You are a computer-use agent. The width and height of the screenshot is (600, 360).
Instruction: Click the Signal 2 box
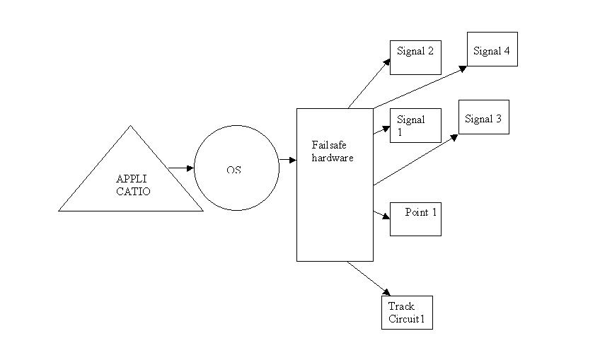(x=415, y=57)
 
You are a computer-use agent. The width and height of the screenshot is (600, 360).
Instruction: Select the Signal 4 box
(x=492, y=50)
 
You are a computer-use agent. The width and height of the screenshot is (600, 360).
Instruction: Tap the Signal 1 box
(x=415, y=126)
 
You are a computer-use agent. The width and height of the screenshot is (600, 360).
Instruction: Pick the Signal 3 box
(x=483, y=117)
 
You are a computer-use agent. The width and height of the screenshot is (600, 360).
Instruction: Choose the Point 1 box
(x=415, y=219)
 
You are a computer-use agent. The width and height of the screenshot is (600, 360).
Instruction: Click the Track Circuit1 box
(x=407, y=311)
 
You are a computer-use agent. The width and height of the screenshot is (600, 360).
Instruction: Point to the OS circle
(x=236, y=168)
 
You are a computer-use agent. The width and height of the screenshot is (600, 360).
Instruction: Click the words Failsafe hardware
(x=332, y=151)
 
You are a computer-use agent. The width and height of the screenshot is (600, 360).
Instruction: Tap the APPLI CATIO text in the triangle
(x=133, y=185)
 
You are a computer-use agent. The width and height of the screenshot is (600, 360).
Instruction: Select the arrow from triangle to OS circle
(x=181, y=168)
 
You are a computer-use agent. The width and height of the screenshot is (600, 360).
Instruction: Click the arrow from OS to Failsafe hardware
(x=287, y=160)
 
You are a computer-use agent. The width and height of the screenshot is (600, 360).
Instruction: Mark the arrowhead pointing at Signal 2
(x=386, y=62)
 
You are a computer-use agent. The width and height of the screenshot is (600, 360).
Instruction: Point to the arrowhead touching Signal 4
(x=463, y=67)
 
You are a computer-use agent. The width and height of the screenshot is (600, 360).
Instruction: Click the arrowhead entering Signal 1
(x=386, y=128)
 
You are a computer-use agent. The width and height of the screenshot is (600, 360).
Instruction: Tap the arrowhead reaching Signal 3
(x=454, y=136)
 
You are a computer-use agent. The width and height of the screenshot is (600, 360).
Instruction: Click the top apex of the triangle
(x=131, y=127)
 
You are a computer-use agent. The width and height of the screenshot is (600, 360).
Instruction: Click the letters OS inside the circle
(x=234, y=170)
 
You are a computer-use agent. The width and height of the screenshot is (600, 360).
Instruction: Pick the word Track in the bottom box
(x=400, y=306)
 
